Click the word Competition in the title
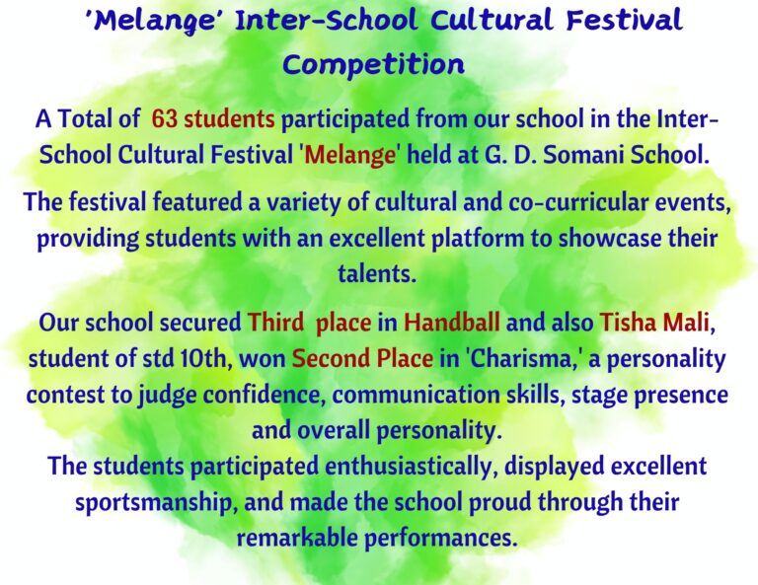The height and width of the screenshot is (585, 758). click(x=373, y=65)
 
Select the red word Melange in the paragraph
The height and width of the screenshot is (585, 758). click(x=350, y=156)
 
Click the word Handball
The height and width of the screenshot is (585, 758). click(x=451, y=323)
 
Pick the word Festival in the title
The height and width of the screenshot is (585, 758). click(x=624, y=21)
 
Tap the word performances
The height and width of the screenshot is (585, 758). click(x=439, y=539)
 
